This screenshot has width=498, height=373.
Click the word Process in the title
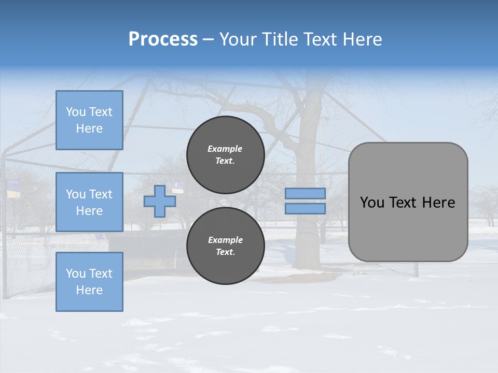click(163, 39)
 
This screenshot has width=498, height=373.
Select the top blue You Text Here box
click(89, 120)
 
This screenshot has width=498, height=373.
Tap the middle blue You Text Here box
click(89, 202)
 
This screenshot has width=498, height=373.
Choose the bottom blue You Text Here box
click(89, 282)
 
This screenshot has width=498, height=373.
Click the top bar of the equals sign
click(305, 194)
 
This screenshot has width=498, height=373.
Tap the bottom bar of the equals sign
click(305, 209)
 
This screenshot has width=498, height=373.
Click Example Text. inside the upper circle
click(225, 155)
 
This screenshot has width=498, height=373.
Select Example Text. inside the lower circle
click(225, 246)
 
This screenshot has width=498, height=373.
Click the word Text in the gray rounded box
click(404, 203)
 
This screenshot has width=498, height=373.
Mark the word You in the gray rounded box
click(372, 203)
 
